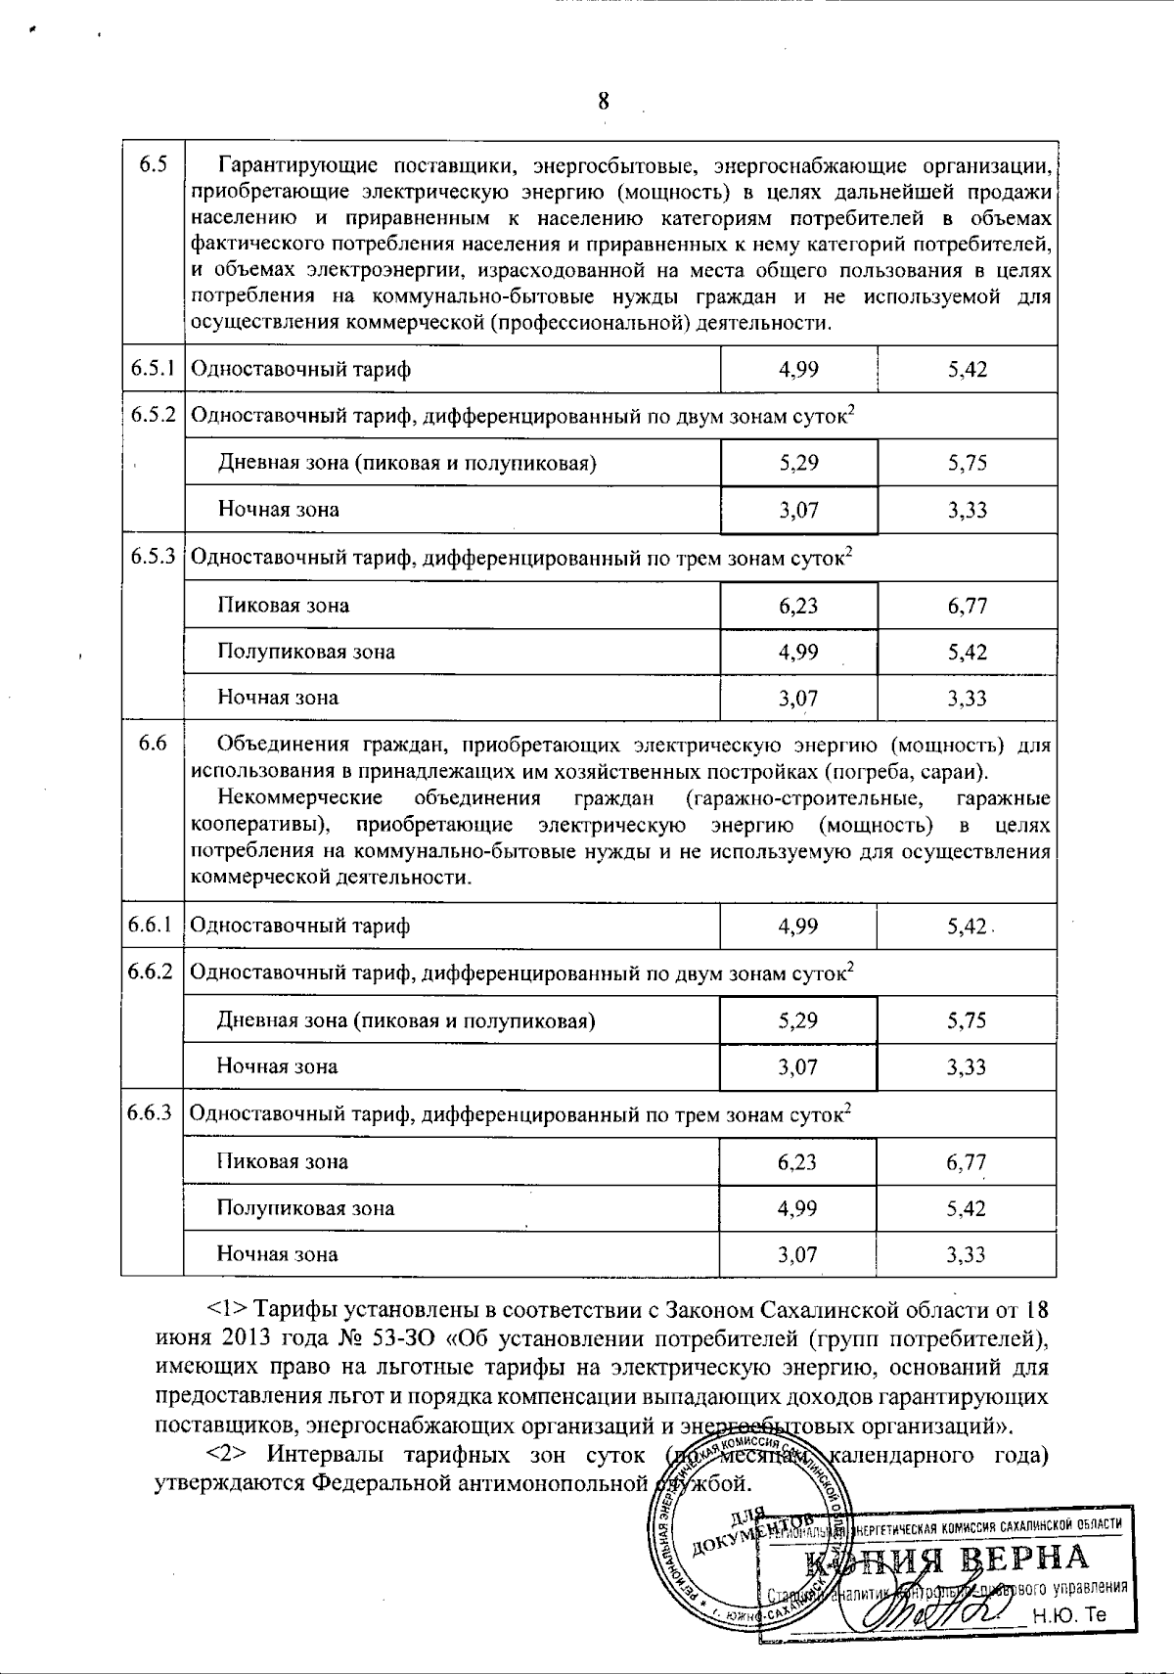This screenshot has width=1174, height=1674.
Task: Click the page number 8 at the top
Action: click(603, 101)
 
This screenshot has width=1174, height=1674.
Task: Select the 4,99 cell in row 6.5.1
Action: click(798, 369)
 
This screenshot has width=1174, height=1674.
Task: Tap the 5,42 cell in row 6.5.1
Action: click(967, 369)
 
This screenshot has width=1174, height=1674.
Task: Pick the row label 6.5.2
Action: click(153, 415)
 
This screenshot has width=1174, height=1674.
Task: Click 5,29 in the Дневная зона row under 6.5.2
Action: click(798, 463)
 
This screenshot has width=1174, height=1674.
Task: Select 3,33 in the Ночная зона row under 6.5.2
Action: click(967, 510)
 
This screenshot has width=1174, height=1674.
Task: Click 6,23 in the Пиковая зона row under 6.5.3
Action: click(798, 606)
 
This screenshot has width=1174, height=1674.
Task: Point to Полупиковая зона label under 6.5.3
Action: click(305, 652)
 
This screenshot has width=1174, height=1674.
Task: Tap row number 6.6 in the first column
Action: click(152, 744)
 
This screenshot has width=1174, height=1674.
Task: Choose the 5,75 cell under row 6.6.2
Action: click(967, 1020)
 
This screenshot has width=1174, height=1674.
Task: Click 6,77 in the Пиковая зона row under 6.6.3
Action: click(967, 1162)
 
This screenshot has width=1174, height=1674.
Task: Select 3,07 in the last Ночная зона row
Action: click(798, 1254)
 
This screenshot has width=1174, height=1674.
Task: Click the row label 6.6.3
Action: click(153, 1112)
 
